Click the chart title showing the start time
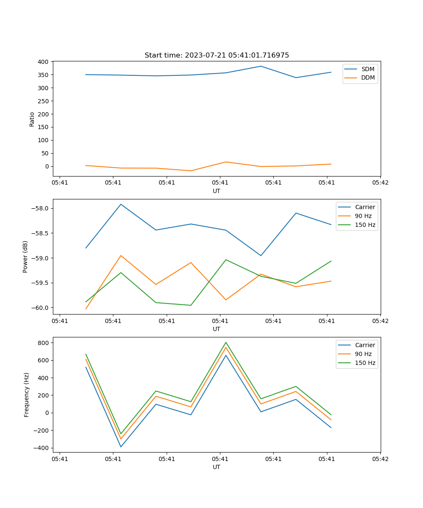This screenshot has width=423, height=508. click(217, 55)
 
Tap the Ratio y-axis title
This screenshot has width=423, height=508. click(32, 119)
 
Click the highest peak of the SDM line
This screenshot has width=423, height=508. click(261, 66)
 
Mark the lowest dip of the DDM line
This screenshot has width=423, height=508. click(191, 171)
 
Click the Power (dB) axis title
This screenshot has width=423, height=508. click(25, 257)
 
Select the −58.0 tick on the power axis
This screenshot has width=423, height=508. click(41, 208)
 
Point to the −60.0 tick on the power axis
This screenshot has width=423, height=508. click(41, 308)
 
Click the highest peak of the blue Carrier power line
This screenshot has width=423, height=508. click(121, 204)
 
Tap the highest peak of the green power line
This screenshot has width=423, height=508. click(226, 260)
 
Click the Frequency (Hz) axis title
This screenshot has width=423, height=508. click(27, 395)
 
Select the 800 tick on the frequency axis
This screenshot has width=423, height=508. click(44, 342)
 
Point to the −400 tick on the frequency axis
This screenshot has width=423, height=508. click(42, 448)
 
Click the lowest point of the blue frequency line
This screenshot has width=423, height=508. click(121, 447)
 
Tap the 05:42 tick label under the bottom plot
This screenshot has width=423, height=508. click(380, 458)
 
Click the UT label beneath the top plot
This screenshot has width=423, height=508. click(217, 191)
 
